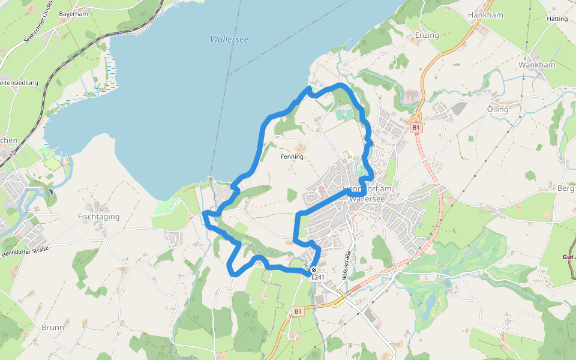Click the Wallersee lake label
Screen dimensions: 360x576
coord(229,39)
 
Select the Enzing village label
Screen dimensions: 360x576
coord(427,35)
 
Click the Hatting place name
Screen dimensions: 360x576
coord(557,19)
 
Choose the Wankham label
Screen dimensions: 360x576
coord(537,65)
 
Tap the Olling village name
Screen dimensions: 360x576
coord(498,109)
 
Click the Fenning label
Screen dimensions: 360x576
coord(292,157)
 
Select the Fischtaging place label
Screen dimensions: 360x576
coord(99,217)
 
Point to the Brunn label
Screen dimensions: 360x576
coord(53,328)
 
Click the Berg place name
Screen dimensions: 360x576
coord(566,188)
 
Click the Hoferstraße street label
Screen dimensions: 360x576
coord(345,266)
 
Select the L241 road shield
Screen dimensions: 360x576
coord(318,277)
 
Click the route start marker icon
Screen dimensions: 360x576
coord(314,270)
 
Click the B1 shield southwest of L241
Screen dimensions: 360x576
coord(298,311)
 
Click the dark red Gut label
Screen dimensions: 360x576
coord(569,256)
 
